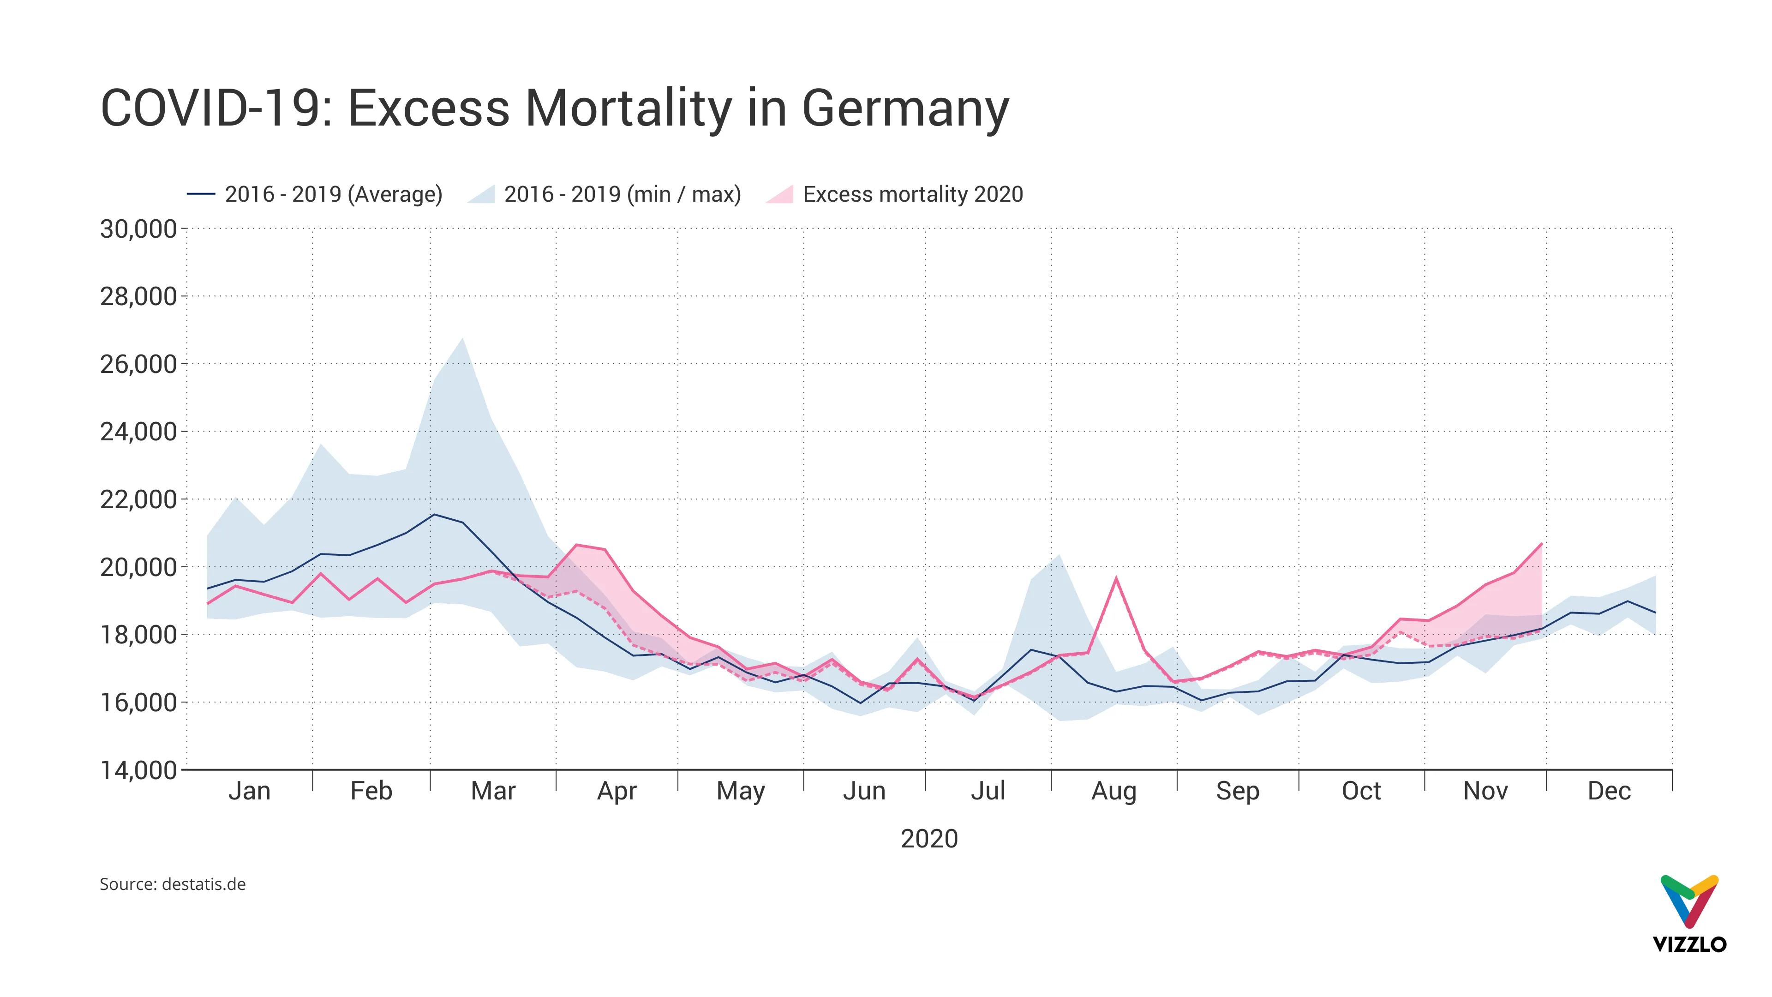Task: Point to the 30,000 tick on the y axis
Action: click(138, 228)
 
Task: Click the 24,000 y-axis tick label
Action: click(138, 432)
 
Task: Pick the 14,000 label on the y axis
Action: click(138, 770)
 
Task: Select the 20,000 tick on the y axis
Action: click(138, 567)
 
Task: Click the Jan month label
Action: click(249, 791)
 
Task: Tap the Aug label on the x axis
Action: click(1113, 791)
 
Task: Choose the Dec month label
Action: click(1608, 791)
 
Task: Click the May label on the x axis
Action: click(740, 791)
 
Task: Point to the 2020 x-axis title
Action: click(928, 839)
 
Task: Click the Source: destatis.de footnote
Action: click(173, 884)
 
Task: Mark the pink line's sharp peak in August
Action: click(1116, 577)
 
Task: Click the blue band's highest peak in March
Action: click(463, 338)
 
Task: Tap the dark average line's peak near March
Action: click(433, 514)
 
